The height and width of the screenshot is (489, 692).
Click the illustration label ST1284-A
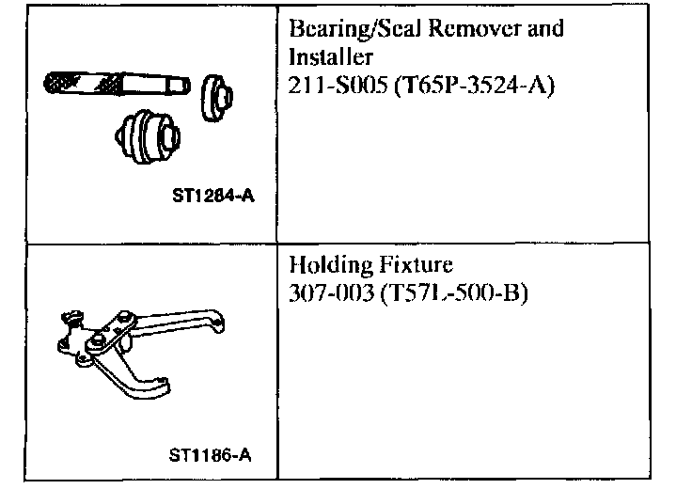[x=215, y=197]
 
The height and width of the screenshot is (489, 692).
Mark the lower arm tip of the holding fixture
[x=162, y=387]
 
